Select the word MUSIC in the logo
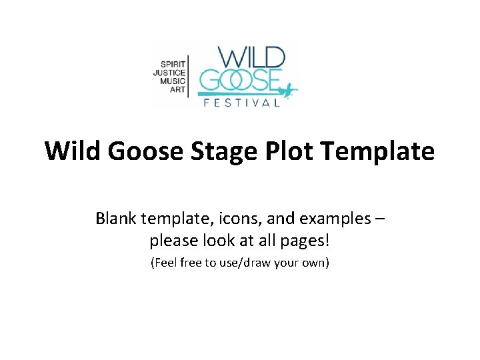point(173,80)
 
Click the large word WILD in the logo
point(248,57)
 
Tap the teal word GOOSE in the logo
point(239,81)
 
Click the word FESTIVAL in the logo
point(241,103)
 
